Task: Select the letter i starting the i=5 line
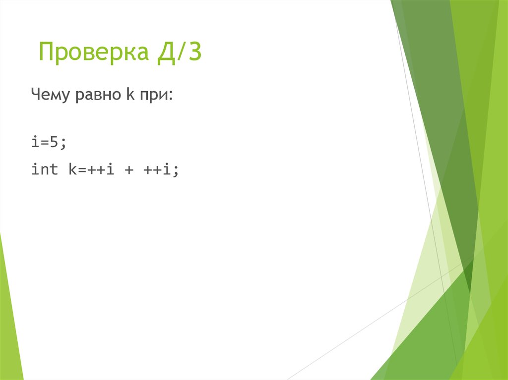click(35, 142)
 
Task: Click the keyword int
click(44, 170)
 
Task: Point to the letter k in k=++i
click(67, 170)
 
